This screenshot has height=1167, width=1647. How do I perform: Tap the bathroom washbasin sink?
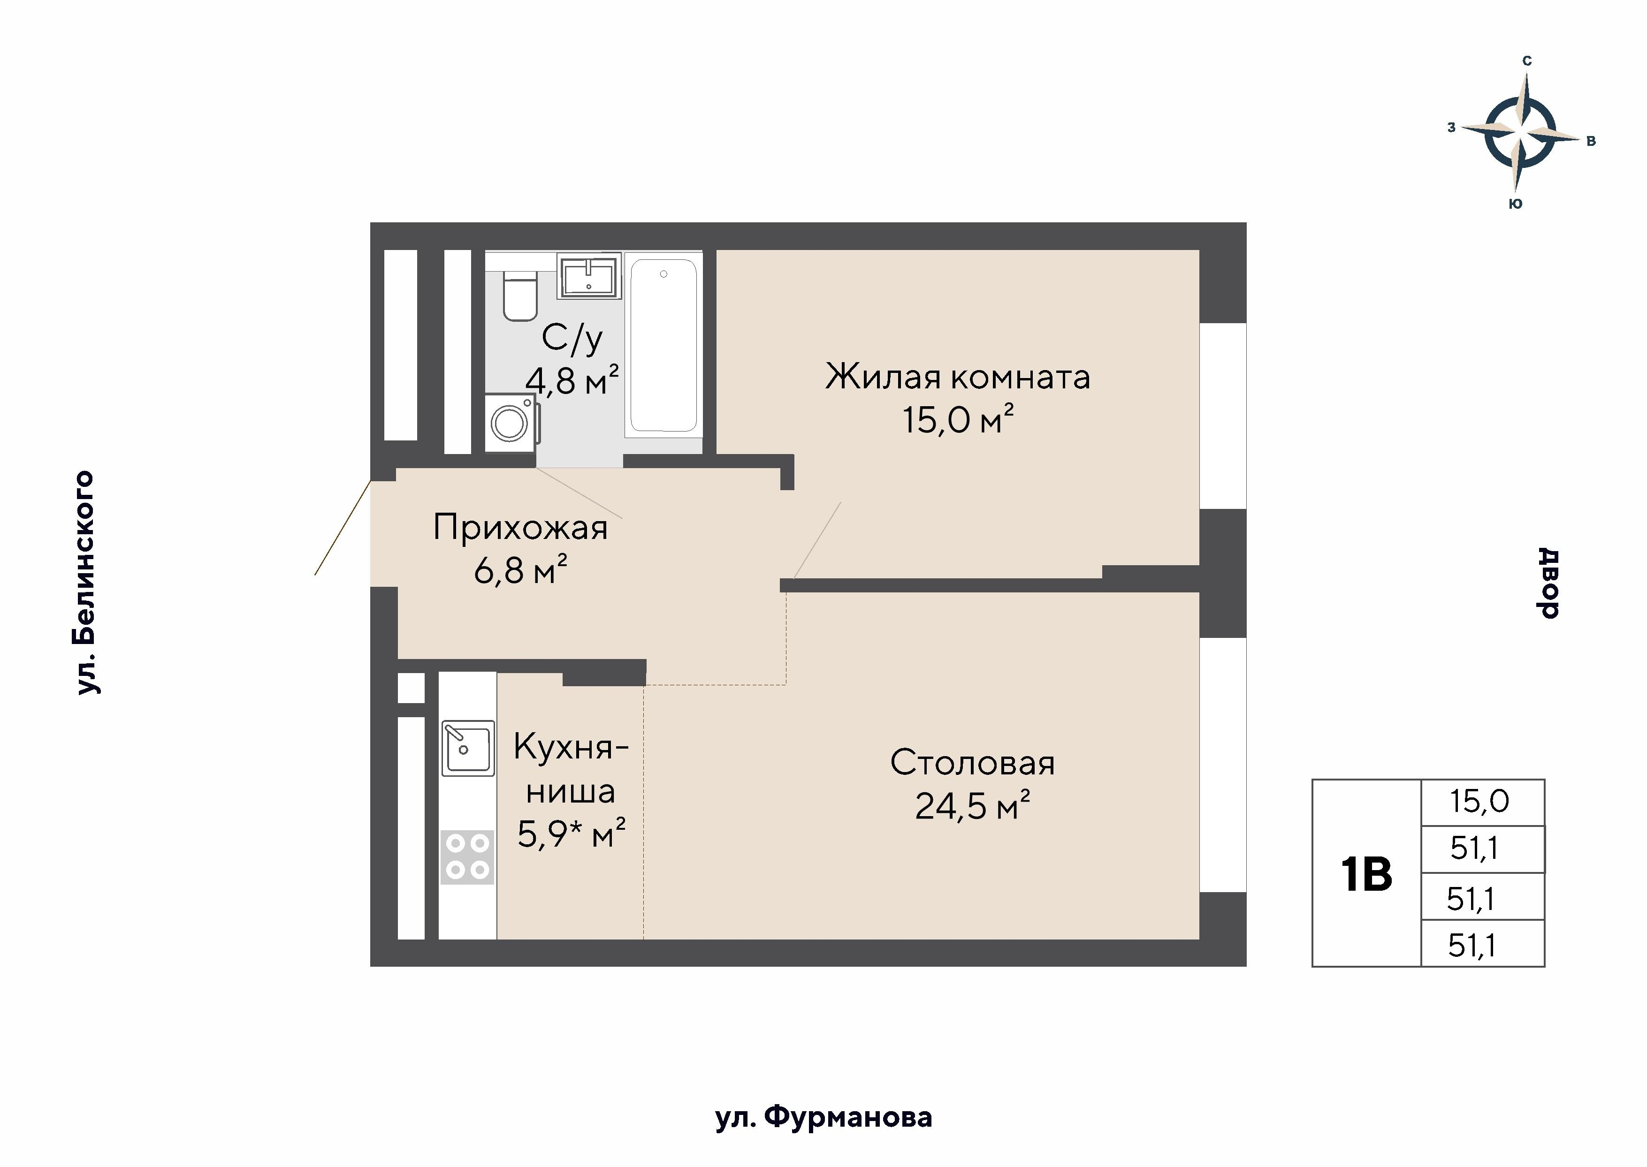coord(589,276)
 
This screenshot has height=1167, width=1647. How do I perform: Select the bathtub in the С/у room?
coord(663,345)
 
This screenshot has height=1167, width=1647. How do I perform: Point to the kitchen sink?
coord(467,748)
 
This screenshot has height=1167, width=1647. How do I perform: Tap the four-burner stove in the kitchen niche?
coord(467,857)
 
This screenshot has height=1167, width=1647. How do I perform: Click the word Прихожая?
coord(520,528)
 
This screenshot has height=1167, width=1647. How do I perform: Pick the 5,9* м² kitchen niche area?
coord(571,834)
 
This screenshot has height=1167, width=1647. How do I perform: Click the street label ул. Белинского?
coord(85,582)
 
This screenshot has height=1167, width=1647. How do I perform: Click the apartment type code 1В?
coord(1366,874)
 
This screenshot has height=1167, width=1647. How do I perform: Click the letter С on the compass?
coord(1527,61)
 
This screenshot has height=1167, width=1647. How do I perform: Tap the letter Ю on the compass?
coord(1515,204)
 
